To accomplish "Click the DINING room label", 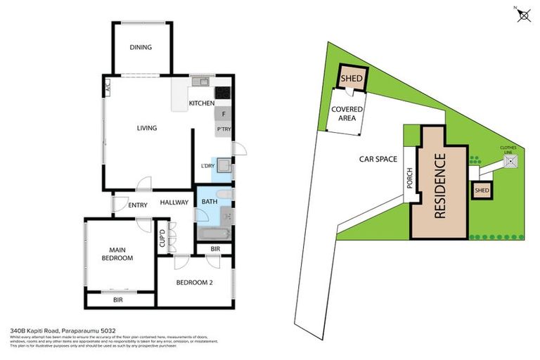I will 141,48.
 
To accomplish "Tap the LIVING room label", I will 146,128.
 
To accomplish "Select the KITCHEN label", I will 201,104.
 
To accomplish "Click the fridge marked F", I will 224,114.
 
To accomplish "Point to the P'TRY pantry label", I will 224,130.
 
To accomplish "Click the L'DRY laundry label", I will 207,166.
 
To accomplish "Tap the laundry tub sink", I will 224,166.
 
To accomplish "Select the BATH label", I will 209,202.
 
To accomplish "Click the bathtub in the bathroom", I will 213,233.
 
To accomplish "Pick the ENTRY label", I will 137,205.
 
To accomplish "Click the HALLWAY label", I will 174,202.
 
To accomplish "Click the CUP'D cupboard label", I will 162,240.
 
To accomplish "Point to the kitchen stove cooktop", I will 224,92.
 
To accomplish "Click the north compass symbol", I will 523,15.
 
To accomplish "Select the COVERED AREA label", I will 347,114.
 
